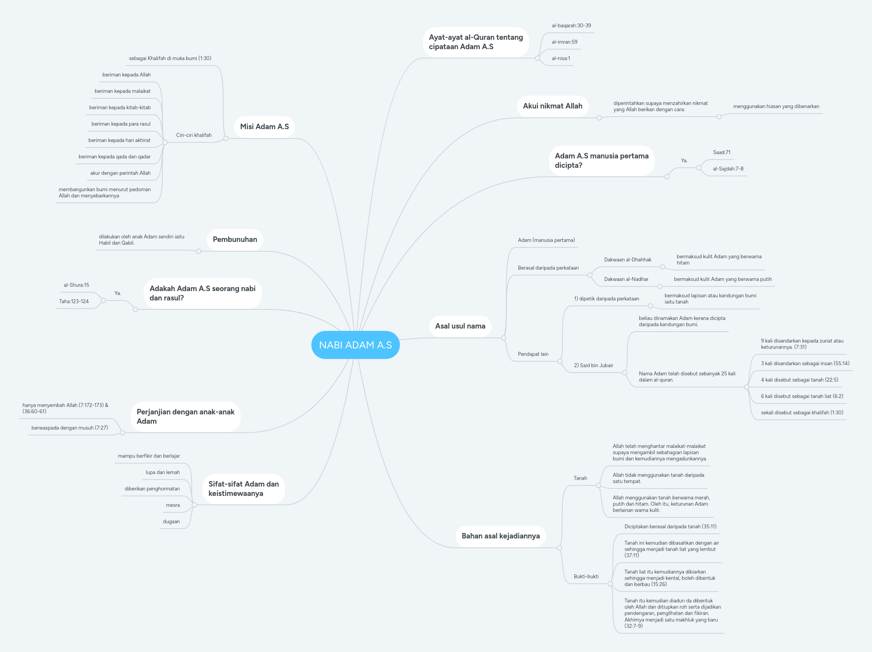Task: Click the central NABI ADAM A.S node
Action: click(355, 345)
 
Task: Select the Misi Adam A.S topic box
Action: click(265, 126)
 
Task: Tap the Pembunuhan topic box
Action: click(235, 239)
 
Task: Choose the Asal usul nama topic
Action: click(460, 326)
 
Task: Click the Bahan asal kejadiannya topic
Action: click(501, 536)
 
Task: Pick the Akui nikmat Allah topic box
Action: click(552, 106)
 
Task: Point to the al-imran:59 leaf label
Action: click(565, 42)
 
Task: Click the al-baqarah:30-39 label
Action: click(571, 26)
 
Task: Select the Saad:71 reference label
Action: click(721, 153)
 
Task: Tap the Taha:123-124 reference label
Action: click(74, 302)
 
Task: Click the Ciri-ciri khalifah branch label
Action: click(194, 135)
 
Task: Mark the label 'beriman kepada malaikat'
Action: click(122, 91)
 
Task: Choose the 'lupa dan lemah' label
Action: click(162, 472)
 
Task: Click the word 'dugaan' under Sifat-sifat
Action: click(171, 522)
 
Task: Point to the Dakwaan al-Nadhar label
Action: click(626, 279)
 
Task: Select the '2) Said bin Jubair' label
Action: click(593, 366)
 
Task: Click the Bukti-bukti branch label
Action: click(586, 576)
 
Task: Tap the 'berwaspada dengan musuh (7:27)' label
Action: click(69, 428)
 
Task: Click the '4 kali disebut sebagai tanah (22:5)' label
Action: click(799, 380)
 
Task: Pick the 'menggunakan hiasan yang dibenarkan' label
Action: click(776, 107)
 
